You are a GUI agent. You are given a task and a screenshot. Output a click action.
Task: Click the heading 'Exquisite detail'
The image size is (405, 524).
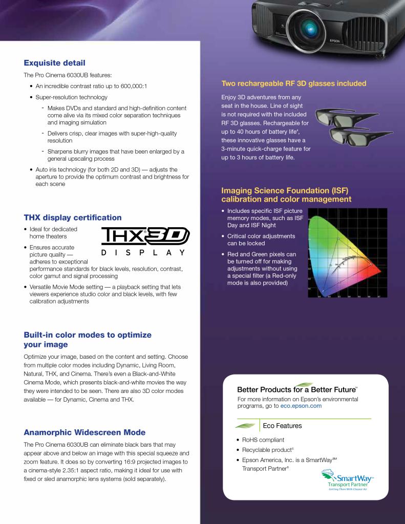tap(54, 63)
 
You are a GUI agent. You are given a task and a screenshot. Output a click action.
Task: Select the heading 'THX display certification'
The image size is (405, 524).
tap(73, 217)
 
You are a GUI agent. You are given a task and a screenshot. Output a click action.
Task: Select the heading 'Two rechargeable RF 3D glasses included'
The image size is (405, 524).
tap(293, 83)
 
